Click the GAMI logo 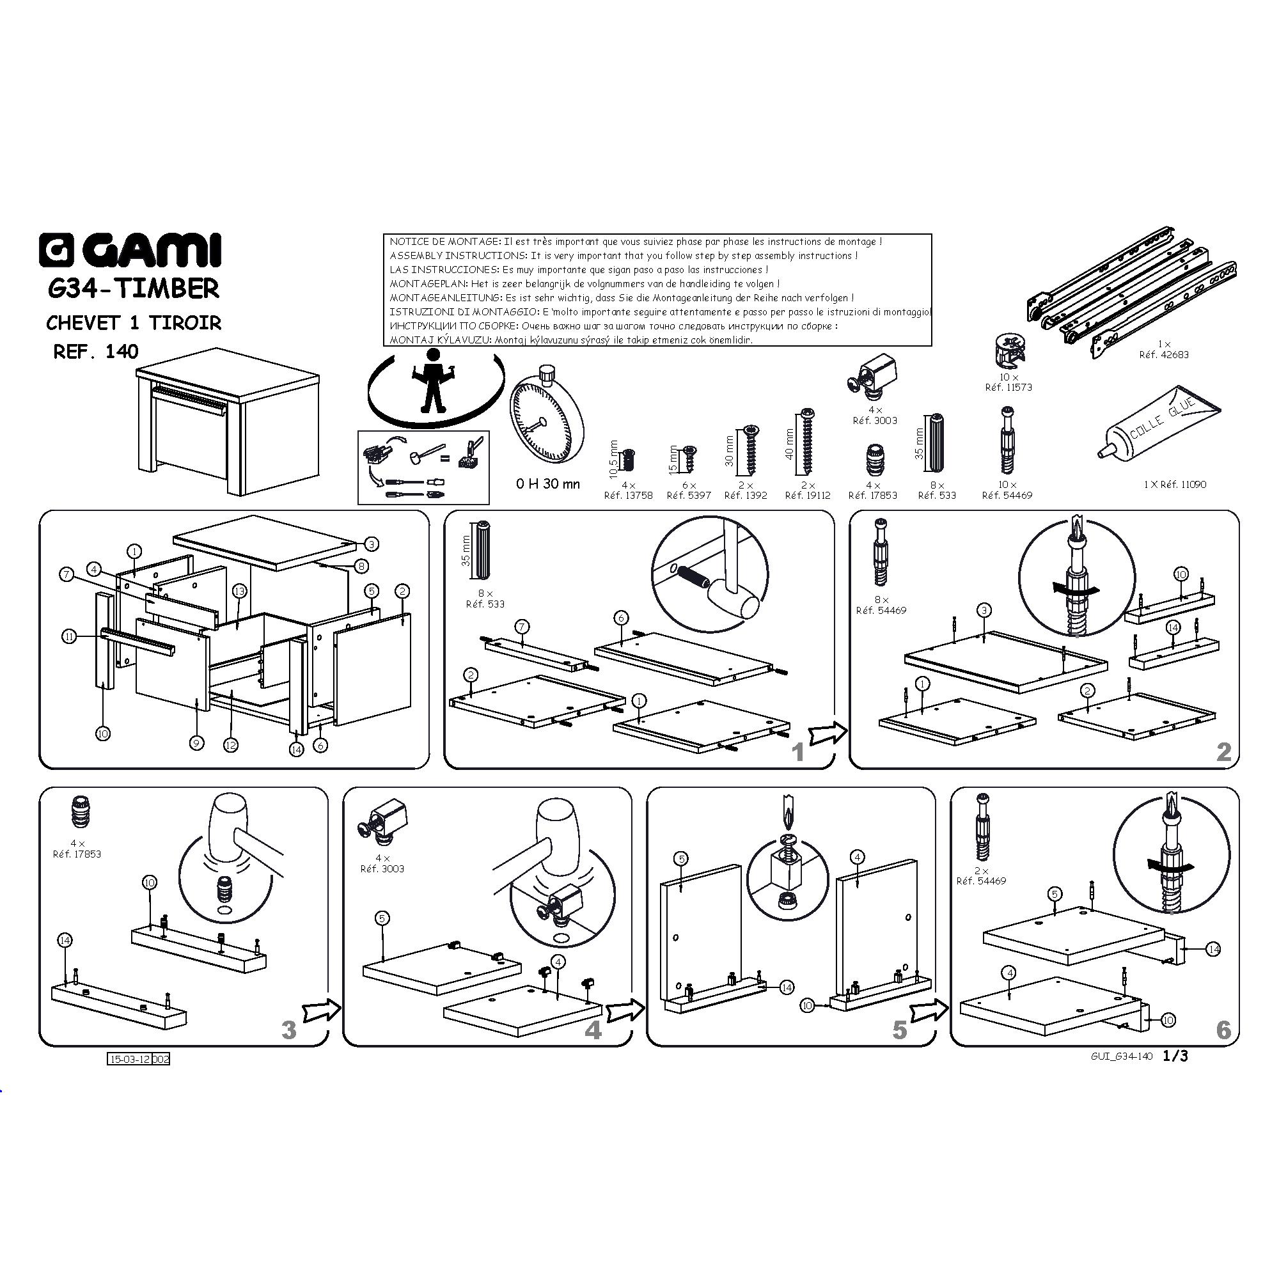click(130, 250)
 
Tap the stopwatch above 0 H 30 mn click(546, 416)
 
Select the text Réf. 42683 click(1164, 355)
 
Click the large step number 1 click(797, 752)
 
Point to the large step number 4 click(593, 1030)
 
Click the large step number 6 click(1223, 1030)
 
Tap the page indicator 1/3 click(1175, 1056)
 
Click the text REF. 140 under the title click(96, 351)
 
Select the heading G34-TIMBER click(134, 288)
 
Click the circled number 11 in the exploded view click(70, 637)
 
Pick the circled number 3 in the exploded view click(372, 544)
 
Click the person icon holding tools click(433, 380)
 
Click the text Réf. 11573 click(1008, 388)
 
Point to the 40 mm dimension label click(789, 445)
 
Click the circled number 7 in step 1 click(522, 627)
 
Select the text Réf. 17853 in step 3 click(77, 854)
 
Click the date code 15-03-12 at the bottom click(130, 1059)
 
